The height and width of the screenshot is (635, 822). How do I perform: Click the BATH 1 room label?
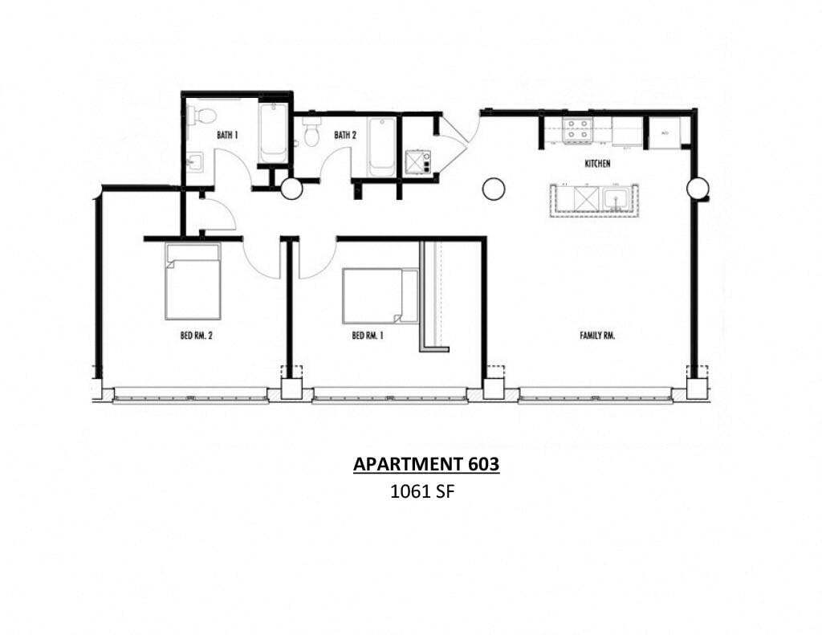click(227, 135)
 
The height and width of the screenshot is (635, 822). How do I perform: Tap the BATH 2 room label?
click(345, 135)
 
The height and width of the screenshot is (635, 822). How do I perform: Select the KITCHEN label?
click(597, 164)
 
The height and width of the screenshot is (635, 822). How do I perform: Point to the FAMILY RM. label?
click(597, 336)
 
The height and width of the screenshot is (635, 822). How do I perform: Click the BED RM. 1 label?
click(368, 336)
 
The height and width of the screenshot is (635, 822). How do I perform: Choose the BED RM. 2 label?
click(196, 336)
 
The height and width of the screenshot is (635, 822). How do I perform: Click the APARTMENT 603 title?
click(426, 464)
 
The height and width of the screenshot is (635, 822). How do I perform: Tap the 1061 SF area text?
click(422, 493)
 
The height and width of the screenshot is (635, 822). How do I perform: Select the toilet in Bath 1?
click(204, 116)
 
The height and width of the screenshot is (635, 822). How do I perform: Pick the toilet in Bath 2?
click(311, 135)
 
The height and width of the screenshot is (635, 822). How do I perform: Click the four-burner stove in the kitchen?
click(576, 131)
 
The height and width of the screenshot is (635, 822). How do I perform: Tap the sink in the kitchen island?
click(616, 199)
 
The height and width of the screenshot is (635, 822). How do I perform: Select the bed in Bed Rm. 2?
click(193, 281)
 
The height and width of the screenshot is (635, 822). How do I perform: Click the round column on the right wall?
click(698, 189)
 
